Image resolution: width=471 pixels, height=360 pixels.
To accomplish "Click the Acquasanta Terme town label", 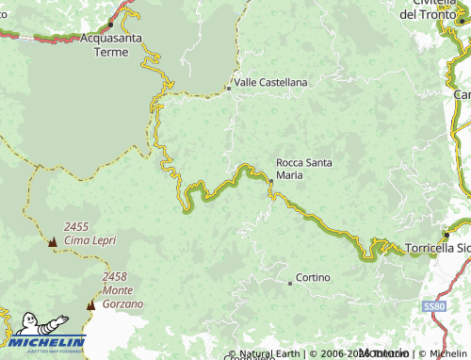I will click(x=110, y=45).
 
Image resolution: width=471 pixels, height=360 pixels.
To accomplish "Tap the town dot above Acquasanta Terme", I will click(x=110, y=23).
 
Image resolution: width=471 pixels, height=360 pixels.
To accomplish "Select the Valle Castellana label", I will click(x=271, y=83).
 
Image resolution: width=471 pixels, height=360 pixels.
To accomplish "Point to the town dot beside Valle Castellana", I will click(x=229, y=89).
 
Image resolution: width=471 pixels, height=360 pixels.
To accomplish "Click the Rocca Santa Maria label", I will click(x=303, y=168).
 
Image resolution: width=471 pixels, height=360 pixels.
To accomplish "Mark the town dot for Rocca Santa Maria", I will click(x=271, y=180).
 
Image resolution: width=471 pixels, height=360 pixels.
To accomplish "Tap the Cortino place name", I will click(x=312, y=278).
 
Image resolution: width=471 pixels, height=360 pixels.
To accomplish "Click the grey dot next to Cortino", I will click(x=290, y=283).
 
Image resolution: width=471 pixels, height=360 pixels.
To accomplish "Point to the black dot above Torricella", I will click(x=447, y=234).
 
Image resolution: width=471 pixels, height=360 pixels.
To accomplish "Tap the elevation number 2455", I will click(x=77, y=227).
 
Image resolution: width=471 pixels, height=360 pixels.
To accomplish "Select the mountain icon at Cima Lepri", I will click(x=52, y=243).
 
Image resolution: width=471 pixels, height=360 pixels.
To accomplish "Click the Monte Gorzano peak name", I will click(x=123, y=298).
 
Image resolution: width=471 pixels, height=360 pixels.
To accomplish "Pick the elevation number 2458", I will click(x=116, y=277).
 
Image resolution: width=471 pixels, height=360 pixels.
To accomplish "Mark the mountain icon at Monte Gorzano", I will click(x=91, y=305).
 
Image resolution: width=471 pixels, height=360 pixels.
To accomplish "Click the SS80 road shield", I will click(x=432, y=307).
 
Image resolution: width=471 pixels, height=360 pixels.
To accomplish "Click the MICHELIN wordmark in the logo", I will click(x=47, y=343).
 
